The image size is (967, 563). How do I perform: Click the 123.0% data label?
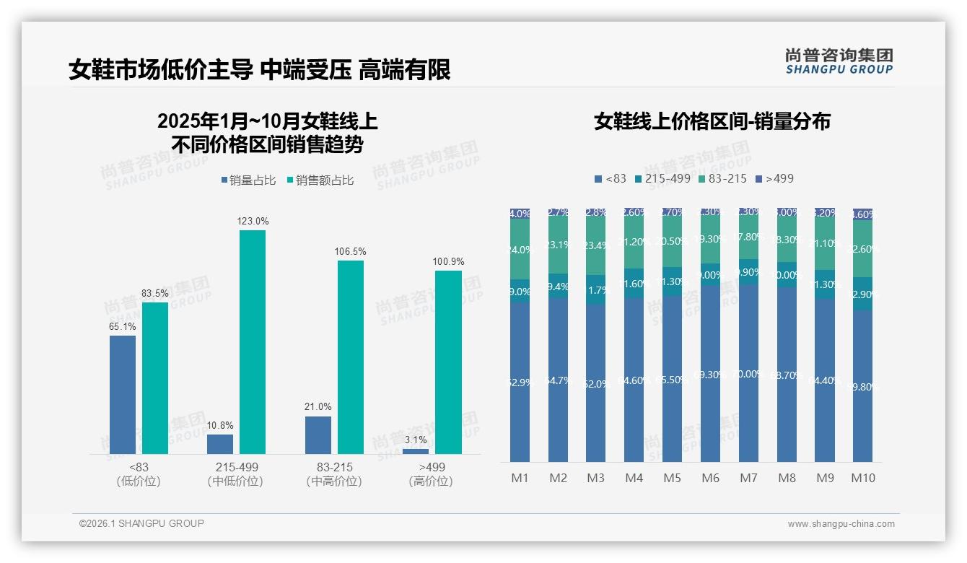(253, 222)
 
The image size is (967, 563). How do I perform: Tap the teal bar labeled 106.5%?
(351, 357)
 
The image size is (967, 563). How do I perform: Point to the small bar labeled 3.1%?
(416, 451)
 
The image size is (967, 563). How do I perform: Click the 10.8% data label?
(220, 425)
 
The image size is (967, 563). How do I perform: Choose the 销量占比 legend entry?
(248, 180)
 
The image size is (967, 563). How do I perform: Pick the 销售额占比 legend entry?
(320, 180)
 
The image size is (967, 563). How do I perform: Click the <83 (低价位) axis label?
(138, 474)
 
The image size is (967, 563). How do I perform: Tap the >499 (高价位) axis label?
(431, 474)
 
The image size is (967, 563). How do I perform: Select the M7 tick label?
(748, 478)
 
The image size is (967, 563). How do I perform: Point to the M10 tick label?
(862, 478)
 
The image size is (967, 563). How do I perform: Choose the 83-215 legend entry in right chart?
(722, 178)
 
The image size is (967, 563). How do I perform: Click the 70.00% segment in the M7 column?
(748, 373)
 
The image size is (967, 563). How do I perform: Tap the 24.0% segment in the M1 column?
(520, 249)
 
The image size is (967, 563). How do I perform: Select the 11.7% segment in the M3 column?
(596, 289)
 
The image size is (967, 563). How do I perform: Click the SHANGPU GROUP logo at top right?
(839, 61)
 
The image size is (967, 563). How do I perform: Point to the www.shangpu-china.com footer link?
(841, 524)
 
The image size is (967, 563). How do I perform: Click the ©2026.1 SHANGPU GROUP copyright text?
(141, 523)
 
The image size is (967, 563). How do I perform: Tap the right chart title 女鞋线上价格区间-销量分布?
(712, 121)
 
